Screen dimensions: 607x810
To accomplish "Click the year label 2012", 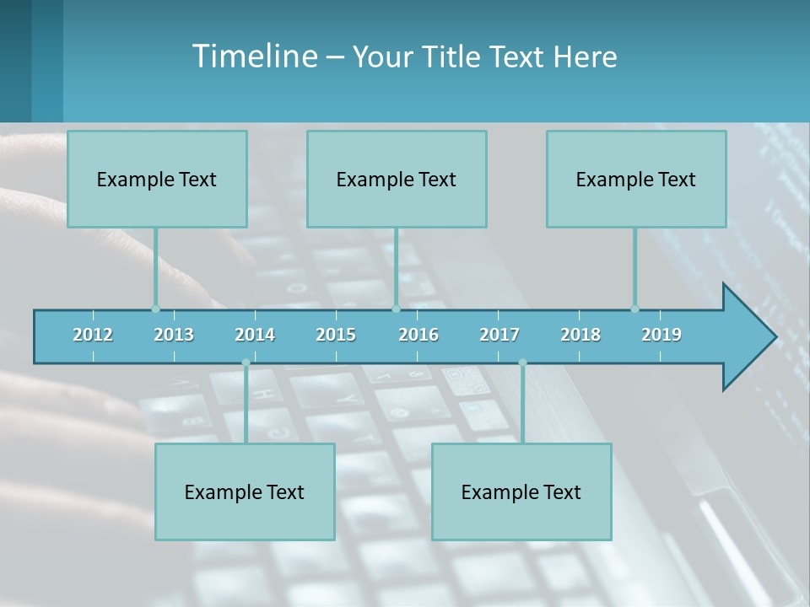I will (x=93, y=335).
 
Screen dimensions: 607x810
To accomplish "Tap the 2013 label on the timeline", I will (x=174, y=335).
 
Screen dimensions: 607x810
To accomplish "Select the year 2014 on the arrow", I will (x=255, y=335).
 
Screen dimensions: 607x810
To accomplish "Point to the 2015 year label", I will (x=336, y=335).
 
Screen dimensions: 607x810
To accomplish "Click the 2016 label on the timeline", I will (x=418, y=335).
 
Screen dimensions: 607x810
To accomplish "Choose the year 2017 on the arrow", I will (x=499, y=335).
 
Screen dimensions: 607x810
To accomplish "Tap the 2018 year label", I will (x=580, y=335).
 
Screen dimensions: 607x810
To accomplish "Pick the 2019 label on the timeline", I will (x=661, y=335).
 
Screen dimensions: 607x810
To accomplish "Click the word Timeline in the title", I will (x=253, y=56).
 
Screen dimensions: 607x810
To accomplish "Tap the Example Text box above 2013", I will (x=157, y=179).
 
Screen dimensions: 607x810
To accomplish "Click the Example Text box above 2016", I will (x=397, y=179).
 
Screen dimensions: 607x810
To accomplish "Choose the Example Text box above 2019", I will (x=636, y=179).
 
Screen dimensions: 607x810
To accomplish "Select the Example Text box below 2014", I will (x=245, y=492).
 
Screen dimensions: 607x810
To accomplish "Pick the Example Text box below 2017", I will (x=521, y=492).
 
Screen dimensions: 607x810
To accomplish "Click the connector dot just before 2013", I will (x=155, y=309).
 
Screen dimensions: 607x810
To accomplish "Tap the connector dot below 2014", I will (x=246, y=363).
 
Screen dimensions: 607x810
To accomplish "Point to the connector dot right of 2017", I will (x=522, y=363).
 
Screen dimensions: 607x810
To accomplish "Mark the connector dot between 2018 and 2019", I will (x=634, y=309).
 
